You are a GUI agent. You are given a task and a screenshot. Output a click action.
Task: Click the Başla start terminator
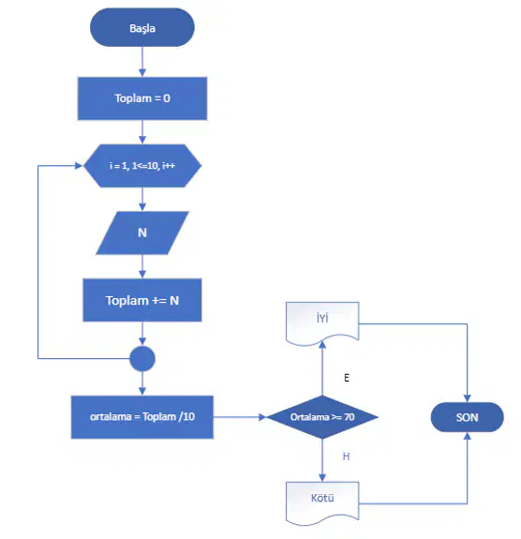coord(142,27)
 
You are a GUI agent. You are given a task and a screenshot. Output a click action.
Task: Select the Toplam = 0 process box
coord(142,98)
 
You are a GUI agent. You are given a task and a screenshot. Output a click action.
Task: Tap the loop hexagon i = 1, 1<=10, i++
coord(142,166)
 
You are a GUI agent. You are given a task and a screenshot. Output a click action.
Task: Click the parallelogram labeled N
coord(142,233)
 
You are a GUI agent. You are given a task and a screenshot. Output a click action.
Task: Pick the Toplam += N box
coord(142,300)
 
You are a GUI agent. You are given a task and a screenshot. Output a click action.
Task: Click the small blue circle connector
coord(142,358)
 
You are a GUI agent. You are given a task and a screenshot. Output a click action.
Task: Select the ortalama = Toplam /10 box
coord(142,417)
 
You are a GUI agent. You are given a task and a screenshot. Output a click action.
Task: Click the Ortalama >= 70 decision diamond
coord(322,417)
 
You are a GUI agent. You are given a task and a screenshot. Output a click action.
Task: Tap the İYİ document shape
coord(322,323)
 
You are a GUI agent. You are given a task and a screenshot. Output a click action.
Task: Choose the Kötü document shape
coord(322,502)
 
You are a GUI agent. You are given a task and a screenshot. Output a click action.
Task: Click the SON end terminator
coord(467,417)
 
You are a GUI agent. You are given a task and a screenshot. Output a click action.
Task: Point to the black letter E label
coord(347,378)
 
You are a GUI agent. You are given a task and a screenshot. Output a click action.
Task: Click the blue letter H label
coord(346,457)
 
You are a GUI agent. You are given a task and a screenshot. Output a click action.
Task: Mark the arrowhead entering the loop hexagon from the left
coord(79,166)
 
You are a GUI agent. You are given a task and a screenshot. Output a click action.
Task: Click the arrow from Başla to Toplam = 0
coord(142,62)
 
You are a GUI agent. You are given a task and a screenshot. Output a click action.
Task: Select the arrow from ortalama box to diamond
coord(240,417)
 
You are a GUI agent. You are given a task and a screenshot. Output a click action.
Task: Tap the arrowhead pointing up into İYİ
coord(322,345)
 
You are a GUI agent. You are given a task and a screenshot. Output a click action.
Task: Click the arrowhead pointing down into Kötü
coord(322,477)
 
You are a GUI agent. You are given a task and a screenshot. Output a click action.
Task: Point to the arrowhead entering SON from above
coord(467,398)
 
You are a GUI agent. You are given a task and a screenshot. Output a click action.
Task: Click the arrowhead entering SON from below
coord(467,436)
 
